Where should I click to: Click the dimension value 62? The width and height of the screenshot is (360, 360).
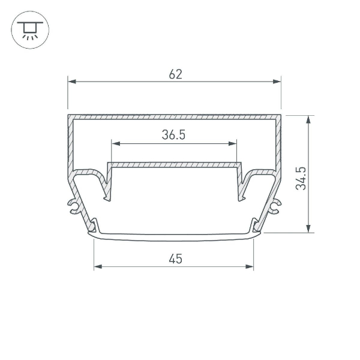tap(175, 74)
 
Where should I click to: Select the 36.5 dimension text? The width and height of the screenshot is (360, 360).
tap(173, 136)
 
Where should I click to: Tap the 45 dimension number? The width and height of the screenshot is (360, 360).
tap(175, 259)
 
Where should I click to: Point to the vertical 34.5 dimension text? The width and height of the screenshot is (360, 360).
tap(302, 178)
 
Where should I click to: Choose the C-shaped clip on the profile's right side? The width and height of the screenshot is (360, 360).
tap(275, 206)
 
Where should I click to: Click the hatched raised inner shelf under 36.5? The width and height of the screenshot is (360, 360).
tap(174, 164)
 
